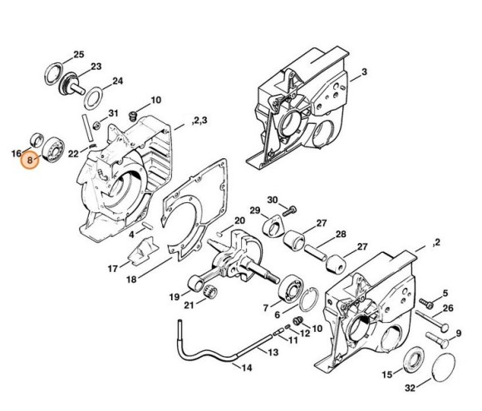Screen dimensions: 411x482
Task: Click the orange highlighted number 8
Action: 31,157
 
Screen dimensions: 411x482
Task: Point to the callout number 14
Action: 244,367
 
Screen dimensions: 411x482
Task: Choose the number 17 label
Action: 111,268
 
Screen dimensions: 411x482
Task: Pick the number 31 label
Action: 115,113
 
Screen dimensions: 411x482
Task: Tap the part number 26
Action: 448,308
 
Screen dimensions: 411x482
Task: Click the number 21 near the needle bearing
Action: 189,306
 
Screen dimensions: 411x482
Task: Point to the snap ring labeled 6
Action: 308,297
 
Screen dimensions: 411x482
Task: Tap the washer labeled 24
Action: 94,93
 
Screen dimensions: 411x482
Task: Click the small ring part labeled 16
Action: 35,138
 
